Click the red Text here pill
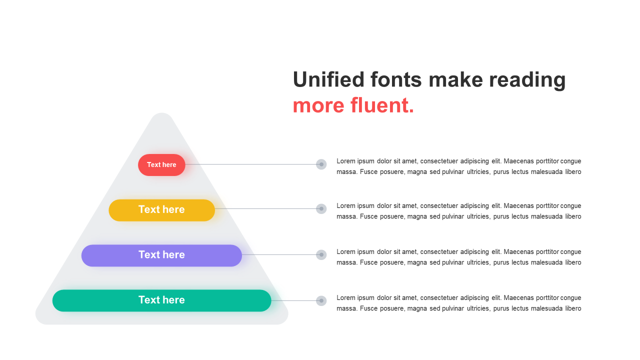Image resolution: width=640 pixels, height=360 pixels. (161, 165)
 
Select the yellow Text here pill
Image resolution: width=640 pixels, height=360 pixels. (161, 210)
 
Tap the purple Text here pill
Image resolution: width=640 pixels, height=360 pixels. (161, 255)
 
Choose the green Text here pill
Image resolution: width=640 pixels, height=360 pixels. (161, 300)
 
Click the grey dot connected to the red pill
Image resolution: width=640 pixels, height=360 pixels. (321, 164)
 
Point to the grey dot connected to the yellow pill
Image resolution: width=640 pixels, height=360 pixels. (321, 209)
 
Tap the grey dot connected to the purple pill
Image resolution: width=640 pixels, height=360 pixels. (321, 255)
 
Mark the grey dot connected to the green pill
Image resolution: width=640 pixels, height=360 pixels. (321, 300)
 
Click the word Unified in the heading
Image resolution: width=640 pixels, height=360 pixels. (328, 79)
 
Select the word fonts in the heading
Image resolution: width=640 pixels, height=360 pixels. (396, 79)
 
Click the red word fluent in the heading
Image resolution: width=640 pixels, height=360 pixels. (382, 105)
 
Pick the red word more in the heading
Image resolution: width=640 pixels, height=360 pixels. (318, 107)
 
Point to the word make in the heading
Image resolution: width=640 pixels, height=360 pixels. (455, 79)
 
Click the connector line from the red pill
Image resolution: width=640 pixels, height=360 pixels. (251, 164)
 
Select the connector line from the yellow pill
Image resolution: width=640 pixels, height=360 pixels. (265, 209)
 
